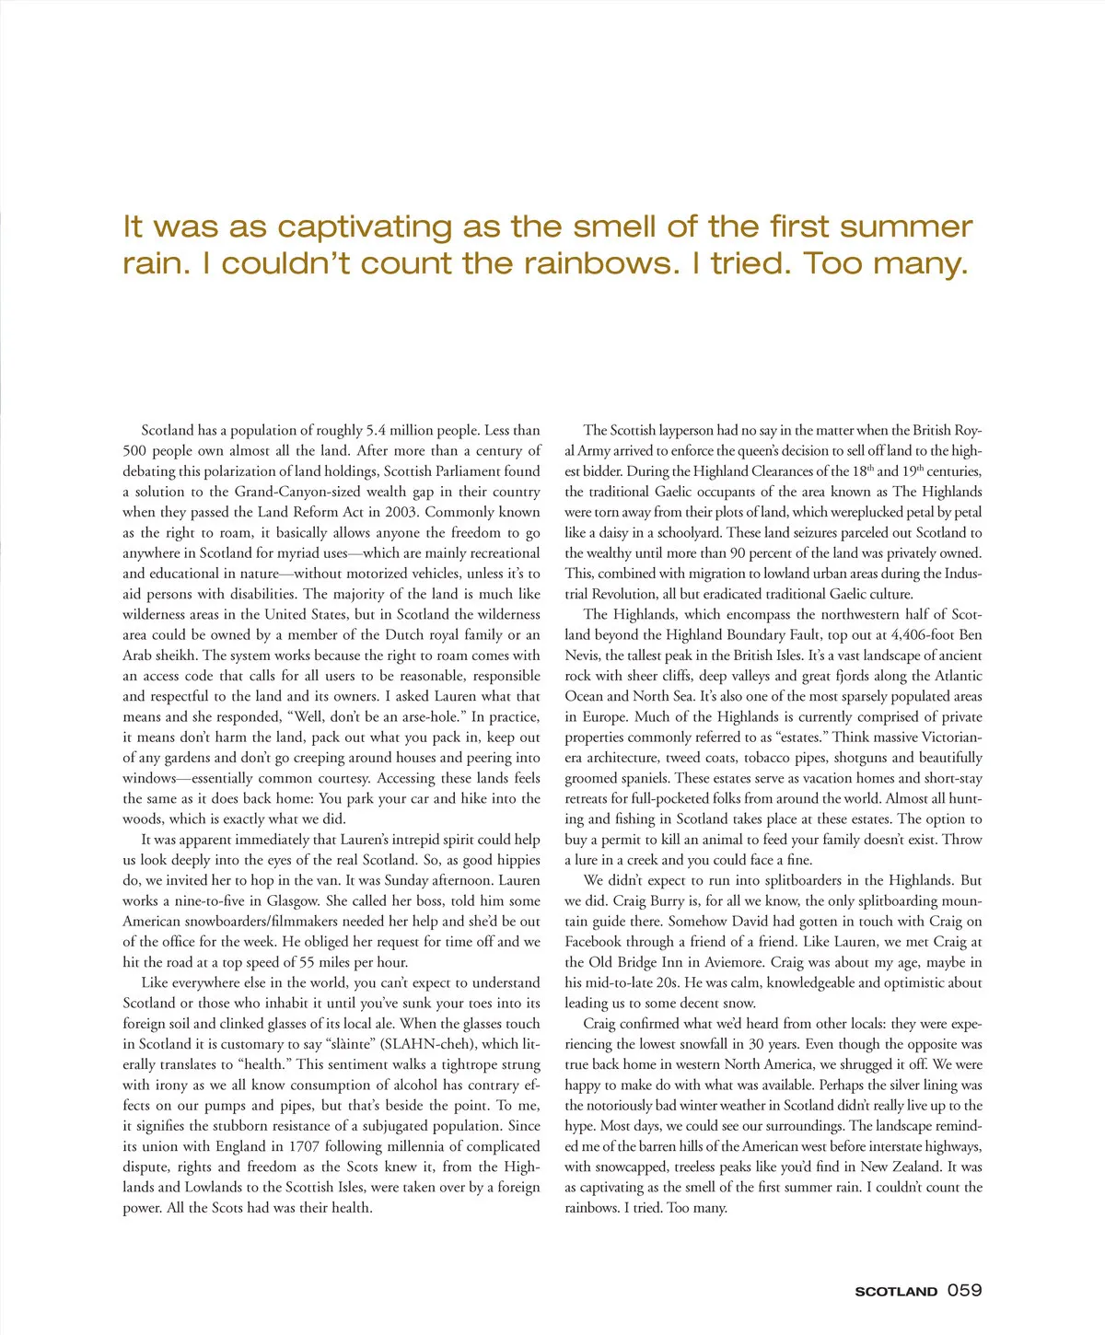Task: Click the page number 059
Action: [x=964, y=1290]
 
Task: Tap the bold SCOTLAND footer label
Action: [x=896, y=1292]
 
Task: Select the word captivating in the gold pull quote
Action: [x=351, y=226]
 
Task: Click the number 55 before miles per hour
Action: [x=311, y=962]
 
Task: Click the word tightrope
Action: [x=467, y=1064]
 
